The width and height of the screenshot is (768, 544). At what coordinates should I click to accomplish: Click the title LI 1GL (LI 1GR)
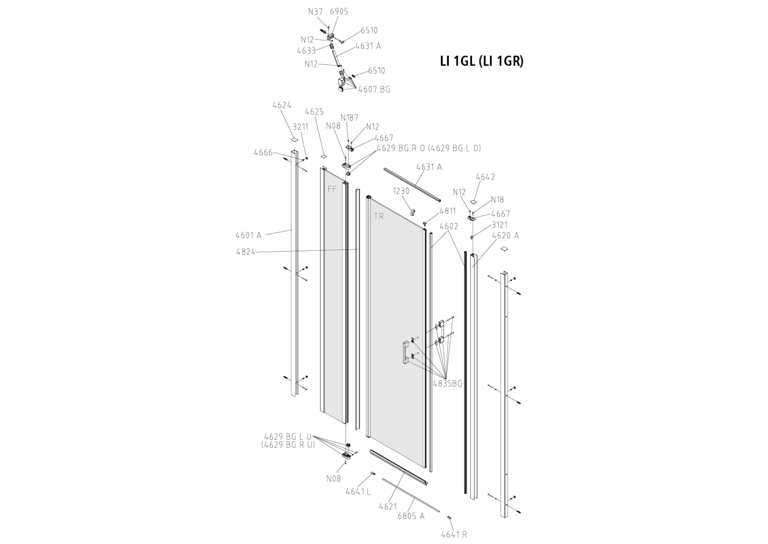point(481,61)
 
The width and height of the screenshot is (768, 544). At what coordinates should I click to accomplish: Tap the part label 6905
point(339,12)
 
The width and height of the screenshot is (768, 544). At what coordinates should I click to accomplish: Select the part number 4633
point(306,50)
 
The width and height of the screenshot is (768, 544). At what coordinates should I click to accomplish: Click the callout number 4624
point(282,105)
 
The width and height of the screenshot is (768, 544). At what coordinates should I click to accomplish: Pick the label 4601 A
point(248,235)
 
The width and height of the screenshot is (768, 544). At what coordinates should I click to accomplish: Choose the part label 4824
point(245,251)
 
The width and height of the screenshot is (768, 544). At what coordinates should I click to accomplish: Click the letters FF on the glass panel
point(332,189)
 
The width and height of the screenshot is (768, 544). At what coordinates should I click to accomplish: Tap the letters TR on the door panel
point(379,217)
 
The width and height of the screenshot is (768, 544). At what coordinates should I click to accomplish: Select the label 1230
point(401,191)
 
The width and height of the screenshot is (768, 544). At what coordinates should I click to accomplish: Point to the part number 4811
point(447,210)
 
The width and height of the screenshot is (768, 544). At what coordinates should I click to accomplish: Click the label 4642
point(485,177)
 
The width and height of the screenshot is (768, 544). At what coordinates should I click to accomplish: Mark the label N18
point(497,200)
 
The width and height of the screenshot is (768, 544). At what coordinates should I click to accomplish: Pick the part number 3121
point(499,224)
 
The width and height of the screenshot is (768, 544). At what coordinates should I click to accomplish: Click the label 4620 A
point(505,235)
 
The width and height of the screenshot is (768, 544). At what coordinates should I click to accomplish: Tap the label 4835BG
point(447,383)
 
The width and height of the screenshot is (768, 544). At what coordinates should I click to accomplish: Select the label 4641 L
point(358,491)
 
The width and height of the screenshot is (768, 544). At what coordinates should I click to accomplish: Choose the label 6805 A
point(411,516)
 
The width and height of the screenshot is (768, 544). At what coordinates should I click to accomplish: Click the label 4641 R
point(454,534)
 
